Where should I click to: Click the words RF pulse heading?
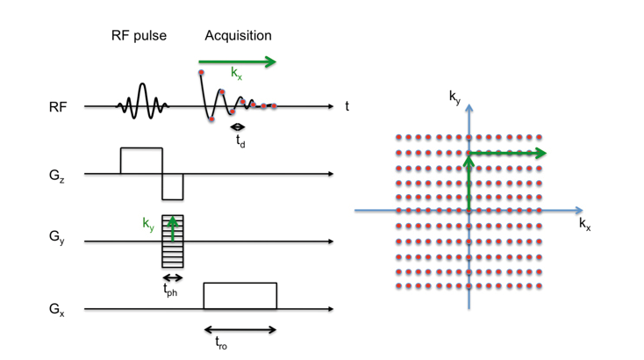[x=139, y=36]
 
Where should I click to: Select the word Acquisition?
[x=239, y=36]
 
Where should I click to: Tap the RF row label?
[x=58, y=107]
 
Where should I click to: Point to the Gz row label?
[x=57, y=176]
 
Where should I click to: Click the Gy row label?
[x=57, y=237]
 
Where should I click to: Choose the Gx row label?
[x=57, y=309]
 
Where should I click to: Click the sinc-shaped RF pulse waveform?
[x=142, y=102]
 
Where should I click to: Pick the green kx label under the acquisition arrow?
[x=237, y=73]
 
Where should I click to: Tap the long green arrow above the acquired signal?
[x=238, y=62]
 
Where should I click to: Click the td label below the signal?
[x=240, y=141]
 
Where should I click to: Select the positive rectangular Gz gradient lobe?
[x=141, y=161]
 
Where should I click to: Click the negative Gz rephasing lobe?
[x=173, y=187]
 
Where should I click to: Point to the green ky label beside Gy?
[x=148, y=224]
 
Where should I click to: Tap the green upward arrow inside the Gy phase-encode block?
[x=173, y=228]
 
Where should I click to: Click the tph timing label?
[x=170, y=290]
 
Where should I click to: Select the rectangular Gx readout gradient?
[x=240, y=296]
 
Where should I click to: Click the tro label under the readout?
[x=221, y=342]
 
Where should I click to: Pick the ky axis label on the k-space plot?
[x=455, y=97]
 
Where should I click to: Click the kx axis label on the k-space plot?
[x=585, y=225]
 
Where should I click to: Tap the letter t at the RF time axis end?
[x=347, y=106]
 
